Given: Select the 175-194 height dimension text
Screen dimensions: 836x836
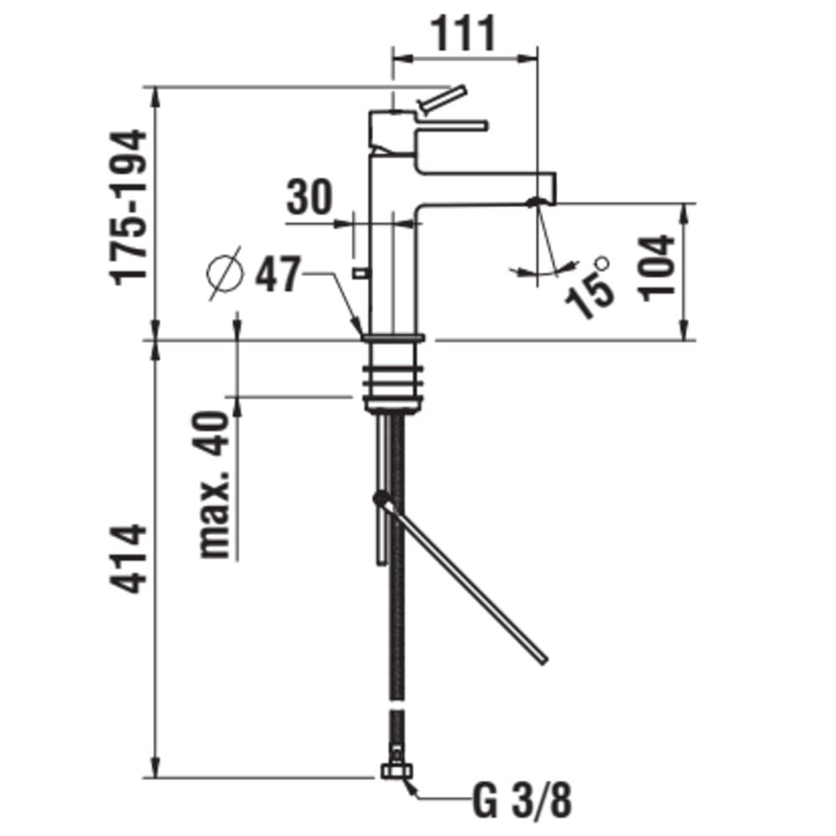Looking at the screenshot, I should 131,208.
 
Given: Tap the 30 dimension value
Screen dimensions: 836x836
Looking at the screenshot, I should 309,198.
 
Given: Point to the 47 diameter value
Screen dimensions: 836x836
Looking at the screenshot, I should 277,273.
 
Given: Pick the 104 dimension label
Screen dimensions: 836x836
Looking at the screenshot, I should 658,267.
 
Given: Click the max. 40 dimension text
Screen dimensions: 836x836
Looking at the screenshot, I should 215,485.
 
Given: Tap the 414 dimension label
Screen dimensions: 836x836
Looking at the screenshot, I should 131,558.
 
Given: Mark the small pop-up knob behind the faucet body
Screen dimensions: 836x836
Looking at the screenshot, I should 359,272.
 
